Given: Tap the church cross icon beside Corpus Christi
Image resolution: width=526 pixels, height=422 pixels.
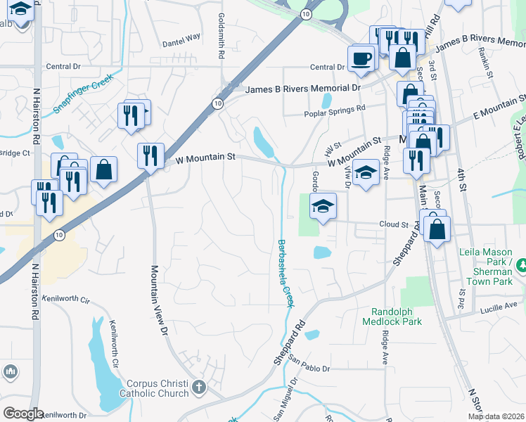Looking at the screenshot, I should click(x=199, y=386).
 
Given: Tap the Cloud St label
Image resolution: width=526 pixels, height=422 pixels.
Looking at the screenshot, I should click(x=394, y=224).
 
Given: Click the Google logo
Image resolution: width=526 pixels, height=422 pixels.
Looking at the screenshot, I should click(x=23, y=414).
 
